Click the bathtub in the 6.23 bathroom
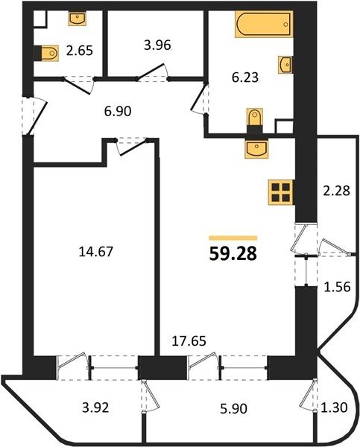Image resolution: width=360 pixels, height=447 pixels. click(264, 25)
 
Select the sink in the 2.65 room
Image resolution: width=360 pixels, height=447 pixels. click(78, 19)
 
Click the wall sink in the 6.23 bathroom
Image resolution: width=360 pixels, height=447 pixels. click(285, 65)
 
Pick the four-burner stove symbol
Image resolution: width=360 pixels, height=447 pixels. click(281, 192)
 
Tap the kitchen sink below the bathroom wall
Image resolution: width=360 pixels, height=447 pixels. click(256, 148)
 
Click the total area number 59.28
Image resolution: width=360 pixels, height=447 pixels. click(233, 254)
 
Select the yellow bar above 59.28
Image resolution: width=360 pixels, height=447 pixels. click(233, 238)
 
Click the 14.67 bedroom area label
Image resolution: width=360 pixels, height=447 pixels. click(96, 252)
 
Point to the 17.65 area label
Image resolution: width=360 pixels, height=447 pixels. click(189, 341)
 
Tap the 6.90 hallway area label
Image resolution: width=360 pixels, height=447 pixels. click(118, 112)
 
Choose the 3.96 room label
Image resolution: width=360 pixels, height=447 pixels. click(157, 45)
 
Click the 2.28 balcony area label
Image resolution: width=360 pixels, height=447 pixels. click(337, 191)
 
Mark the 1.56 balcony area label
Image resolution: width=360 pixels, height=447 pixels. click(337, 287)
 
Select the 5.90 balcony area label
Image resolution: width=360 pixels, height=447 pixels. click(233, 409)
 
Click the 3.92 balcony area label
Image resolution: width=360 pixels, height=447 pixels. click(95, 408)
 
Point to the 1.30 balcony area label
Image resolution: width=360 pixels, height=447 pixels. click(334, 408)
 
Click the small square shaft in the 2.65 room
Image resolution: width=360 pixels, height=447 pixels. click(40, 19)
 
